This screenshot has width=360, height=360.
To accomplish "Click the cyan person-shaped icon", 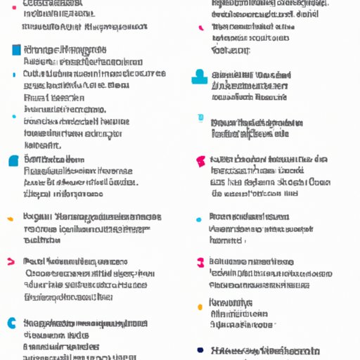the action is point(200,77).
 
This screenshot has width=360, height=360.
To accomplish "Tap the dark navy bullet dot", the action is point(200,349).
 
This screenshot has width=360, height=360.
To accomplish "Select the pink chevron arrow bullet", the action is point(11,262).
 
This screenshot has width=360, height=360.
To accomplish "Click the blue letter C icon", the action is point(11,323).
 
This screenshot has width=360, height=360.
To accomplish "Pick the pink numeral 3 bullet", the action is point(200,262).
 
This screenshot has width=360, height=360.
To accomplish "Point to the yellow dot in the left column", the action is point(10,218).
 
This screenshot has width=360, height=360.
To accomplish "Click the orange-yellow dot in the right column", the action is point(200,307).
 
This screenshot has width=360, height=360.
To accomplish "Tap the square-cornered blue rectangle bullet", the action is point(15,50).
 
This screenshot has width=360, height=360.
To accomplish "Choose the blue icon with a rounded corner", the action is point(13,160).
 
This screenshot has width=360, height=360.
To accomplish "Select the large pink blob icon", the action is point(200,161).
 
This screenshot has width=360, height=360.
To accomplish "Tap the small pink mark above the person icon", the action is point(201,28).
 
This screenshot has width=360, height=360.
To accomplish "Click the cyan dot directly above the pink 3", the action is point(199,219).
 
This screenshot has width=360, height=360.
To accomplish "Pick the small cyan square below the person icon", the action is point(201,119).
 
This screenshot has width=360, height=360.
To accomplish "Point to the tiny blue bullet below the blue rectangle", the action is point(14,73).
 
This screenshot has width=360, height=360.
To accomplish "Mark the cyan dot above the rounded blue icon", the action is point(13,116).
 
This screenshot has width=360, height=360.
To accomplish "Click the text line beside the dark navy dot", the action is point(265,349).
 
